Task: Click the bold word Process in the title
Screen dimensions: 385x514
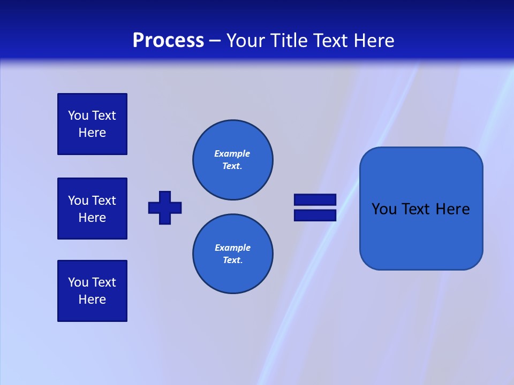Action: [x=168, y=41]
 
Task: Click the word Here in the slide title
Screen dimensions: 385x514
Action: [x=373, y=41]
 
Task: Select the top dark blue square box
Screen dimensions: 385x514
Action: [x=92, y=124]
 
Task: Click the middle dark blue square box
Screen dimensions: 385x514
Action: [x=92, y=209]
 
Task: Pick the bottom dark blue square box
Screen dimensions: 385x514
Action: [x=92, y=291]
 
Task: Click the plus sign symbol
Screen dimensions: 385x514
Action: [x=165, y=207]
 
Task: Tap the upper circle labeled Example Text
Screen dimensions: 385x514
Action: [x=233, y=160]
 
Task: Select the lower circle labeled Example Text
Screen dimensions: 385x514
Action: [x=233, y=254]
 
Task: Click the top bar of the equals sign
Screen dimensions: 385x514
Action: [x=315, y=199]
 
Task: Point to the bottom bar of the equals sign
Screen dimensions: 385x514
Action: [x=315, y=215]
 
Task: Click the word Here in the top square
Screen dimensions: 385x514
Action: [x=92, y=133]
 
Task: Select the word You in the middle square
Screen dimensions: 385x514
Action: [x=78, y=201]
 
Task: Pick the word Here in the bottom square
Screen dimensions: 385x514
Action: [x=92, y=299]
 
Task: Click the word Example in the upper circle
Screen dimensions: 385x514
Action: [x=232, y=153]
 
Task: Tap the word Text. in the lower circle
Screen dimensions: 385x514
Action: [x=232, y=260]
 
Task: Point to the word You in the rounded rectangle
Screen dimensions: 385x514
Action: [x=384, y=209]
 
